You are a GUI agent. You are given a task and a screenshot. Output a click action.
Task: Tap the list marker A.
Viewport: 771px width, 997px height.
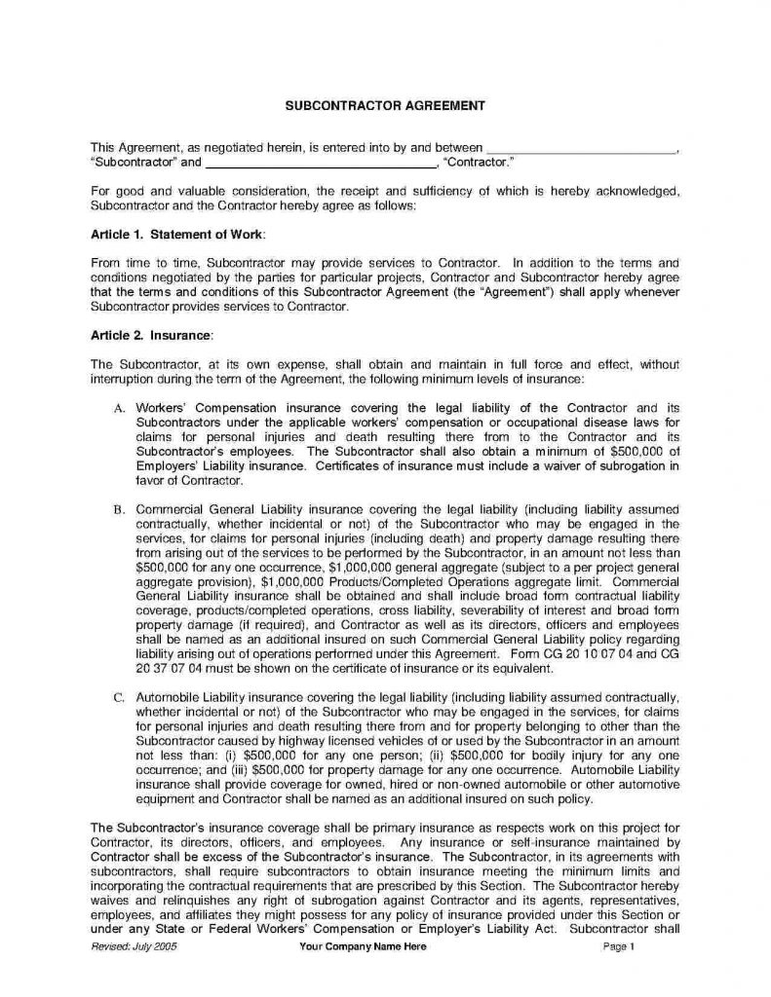118,406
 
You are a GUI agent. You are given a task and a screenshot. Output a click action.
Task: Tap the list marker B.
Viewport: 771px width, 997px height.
118,508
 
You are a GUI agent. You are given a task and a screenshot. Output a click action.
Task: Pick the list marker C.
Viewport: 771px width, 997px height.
118,698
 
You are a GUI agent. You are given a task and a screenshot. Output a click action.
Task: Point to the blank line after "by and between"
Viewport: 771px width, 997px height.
579,147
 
